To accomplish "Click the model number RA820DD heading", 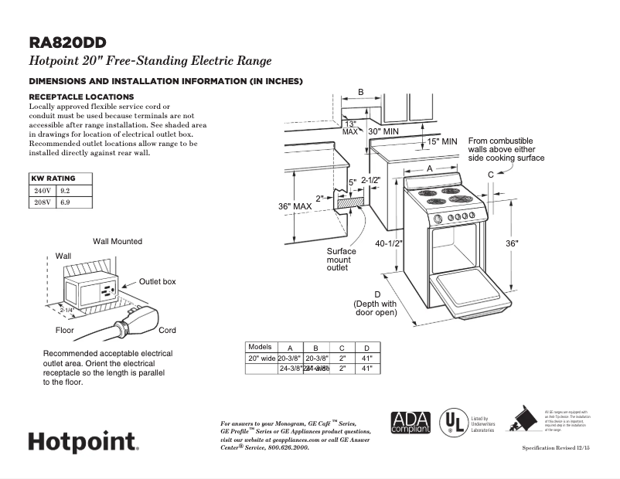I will [67, 42].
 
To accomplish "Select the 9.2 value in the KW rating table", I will [65, 189].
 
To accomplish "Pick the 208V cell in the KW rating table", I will [42, 202].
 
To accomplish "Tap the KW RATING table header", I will [53, 178].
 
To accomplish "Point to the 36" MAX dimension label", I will [295, 206].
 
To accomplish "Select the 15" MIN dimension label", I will [442, 141].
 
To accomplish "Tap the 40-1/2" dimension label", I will [390, 243].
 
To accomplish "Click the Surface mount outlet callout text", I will [341, 260].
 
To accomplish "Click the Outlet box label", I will [157, 282].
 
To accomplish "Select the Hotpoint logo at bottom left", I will [83, 442].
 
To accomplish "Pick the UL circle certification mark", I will [452, 422].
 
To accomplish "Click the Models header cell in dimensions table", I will [260, 347].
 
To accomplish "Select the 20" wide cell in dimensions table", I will [261, 358].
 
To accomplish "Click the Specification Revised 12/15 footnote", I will [555, 448].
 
